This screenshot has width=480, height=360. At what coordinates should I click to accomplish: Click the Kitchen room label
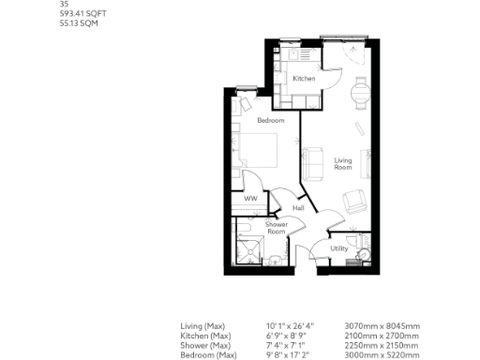point(304,79)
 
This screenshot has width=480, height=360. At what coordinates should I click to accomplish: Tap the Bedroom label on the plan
point(270,121)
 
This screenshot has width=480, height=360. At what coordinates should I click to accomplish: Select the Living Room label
point(343,164)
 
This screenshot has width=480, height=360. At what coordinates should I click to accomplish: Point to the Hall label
point(299,207)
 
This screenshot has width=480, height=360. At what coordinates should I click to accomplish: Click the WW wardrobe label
point(251,199)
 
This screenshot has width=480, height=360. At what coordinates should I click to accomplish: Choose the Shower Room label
point(276,228)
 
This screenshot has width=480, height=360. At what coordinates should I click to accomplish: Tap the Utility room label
point(339,248)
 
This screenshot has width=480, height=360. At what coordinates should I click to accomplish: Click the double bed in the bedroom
point(258,151)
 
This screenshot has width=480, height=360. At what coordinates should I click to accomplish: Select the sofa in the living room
point(315,166)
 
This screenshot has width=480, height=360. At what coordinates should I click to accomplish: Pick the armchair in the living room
point(356,201)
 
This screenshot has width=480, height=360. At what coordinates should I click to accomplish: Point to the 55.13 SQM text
point(76,22)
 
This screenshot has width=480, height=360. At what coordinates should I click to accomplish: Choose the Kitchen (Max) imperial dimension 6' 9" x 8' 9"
point(290,335)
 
